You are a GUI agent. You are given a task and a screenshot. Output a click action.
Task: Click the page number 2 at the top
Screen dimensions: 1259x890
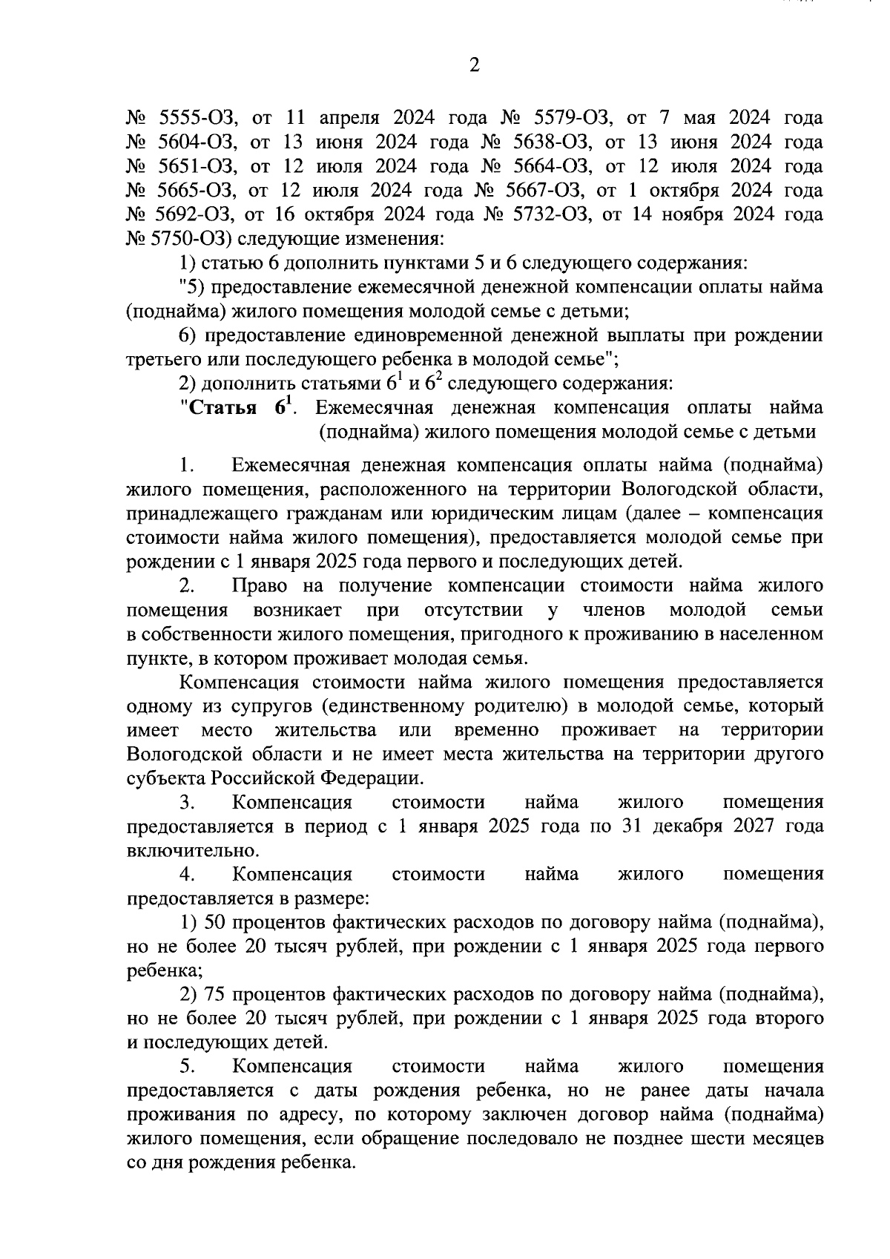coord(475,65)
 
